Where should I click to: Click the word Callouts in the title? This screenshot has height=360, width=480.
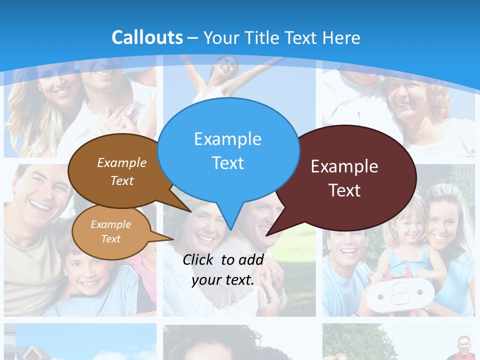click(x=147, y=37)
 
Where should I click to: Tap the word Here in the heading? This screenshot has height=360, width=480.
click(x=342, y=37)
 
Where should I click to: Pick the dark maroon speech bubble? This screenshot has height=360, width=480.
click(x=345, y=177)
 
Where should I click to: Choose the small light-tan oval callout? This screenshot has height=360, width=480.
click(x=110, y=231)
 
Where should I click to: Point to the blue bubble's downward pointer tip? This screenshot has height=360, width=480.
click(x=230, y=229)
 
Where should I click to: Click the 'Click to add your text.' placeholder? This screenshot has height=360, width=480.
click(x=222, y=269)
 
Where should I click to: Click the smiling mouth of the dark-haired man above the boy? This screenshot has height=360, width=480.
click(x=40, y=205)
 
